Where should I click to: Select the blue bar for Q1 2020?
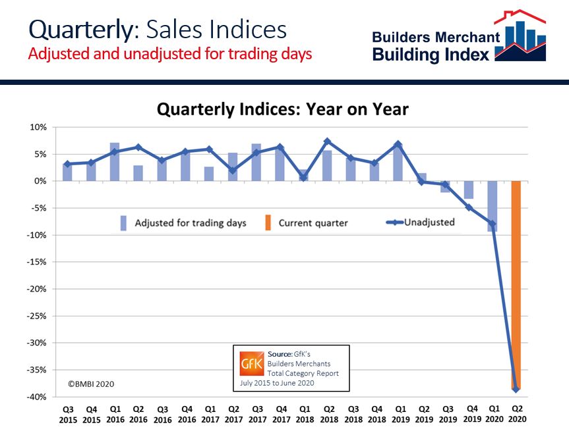point(493,206)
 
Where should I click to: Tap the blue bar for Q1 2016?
point(115,162)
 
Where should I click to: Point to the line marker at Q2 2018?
point(327,141)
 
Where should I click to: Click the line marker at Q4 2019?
point(469,207)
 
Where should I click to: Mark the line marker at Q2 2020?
point(516,390)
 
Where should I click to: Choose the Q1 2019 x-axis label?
point(398,414)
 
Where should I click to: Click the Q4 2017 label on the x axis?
point(280,414)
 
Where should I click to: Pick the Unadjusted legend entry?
point(428,222)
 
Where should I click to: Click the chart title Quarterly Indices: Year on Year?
point(282,109)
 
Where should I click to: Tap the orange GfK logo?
point(251,364)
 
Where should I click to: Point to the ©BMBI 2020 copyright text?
point(92,383)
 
